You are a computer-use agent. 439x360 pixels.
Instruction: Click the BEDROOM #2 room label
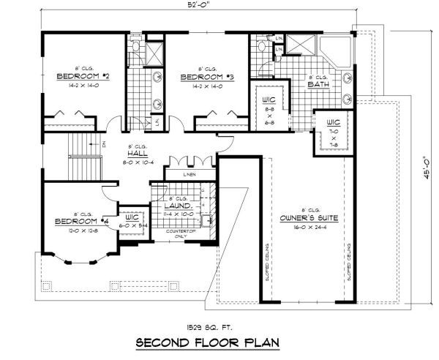pos(83,75)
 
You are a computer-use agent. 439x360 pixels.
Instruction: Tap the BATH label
pos(318,84)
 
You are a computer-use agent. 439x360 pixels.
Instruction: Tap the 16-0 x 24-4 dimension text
pos(307,227)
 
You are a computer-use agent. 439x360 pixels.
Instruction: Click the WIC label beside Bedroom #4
pos(132,217)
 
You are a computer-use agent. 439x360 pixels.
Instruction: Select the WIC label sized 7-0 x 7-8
pos(333,122)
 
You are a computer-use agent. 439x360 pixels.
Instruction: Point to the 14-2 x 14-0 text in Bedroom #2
pos(83,84)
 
